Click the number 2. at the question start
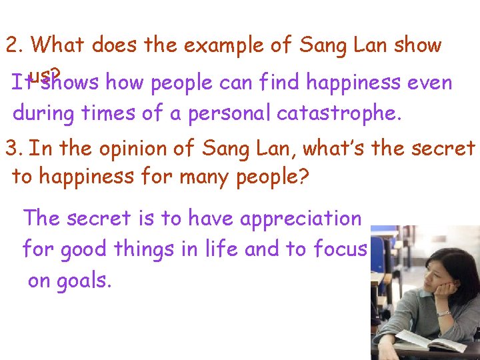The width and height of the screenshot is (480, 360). tap(15, 46)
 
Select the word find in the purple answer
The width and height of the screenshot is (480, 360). tap(275, 83)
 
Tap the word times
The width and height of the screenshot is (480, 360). tap(117, 113)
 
